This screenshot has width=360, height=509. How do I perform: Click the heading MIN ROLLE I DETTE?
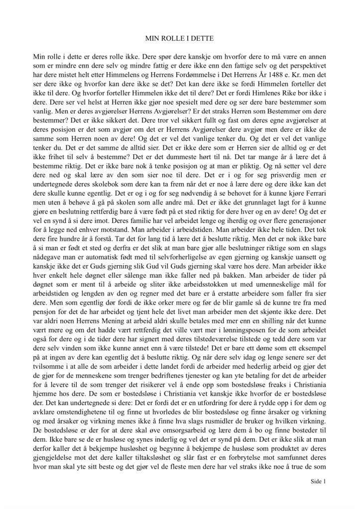[180, 38]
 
